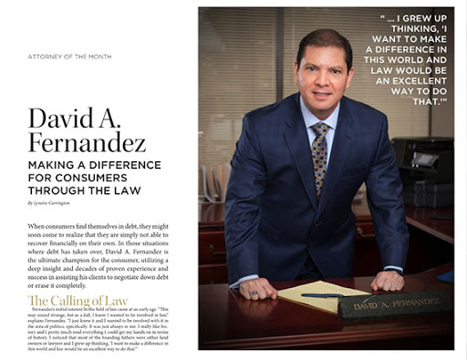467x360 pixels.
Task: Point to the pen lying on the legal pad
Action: (x=321, y=294)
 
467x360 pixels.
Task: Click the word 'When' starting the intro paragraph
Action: (x=37, y=224)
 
